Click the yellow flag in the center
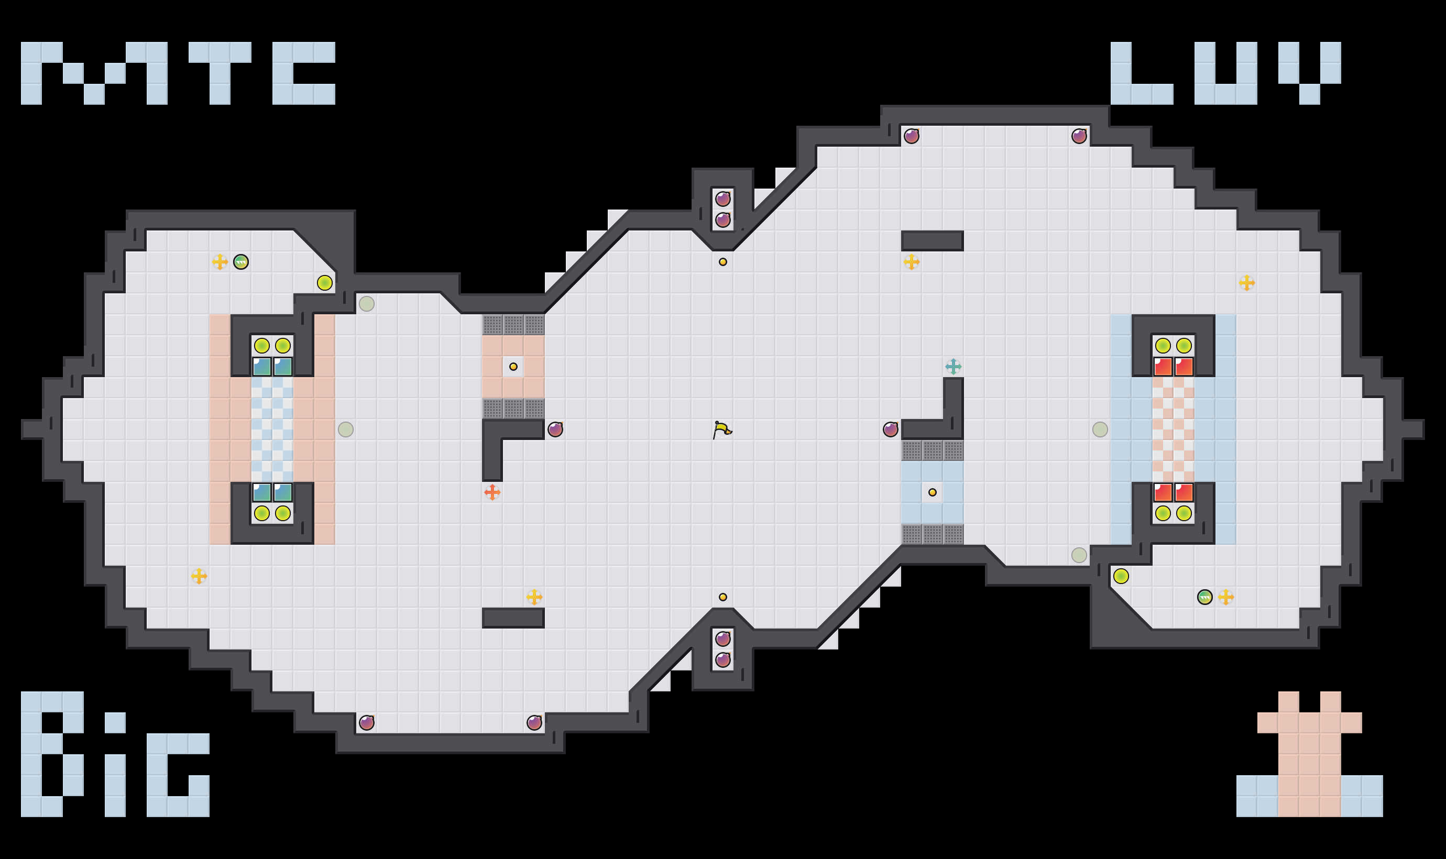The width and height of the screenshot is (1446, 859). point(722,429)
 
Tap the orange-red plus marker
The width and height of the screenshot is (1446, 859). point(492,492)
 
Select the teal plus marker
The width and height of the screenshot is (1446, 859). point(953,367)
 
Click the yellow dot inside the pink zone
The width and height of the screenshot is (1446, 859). point(513,367)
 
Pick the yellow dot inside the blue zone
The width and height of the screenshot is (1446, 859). point(932,492)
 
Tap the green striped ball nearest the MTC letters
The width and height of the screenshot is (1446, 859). point(241,262)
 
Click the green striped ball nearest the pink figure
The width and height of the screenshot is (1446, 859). point(1204,597)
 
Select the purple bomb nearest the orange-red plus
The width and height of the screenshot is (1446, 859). point(555,429)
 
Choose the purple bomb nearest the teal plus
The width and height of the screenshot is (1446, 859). point(890,429)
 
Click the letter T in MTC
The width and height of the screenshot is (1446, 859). point(220,72)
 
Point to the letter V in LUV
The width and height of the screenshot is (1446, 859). point(1309,72)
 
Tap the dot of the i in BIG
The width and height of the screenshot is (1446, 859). point(115,722)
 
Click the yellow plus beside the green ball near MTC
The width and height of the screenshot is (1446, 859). point(220,262)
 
